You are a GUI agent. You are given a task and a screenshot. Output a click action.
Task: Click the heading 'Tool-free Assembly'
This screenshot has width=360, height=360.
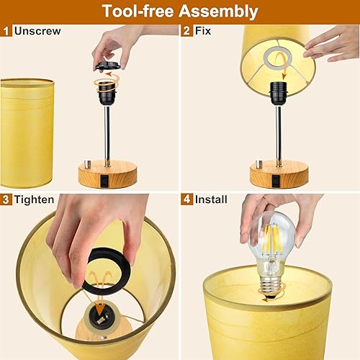[180, 12]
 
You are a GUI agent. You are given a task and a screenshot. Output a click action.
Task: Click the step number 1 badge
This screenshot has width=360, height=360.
[6, 31]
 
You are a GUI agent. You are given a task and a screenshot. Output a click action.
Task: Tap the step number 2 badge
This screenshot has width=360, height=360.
[186, 31]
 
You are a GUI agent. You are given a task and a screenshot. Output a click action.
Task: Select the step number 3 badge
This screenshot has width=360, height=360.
[6, 199]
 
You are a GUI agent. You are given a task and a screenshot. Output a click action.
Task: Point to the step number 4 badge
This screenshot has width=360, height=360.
[186, 199]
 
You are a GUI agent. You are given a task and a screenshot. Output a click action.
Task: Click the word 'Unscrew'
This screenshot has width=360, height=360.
[37, 31]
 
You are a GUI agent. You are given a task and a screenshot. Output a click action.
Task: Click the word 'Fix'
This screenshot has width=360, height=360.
[204, 31]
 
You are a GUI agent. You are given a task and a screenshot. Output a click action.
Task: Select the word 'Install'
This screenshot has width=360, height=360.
[211, 199]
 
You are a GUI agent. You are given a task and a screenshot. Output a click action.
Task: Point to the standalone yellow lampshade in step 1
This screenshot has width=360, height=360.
[27, 133]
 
